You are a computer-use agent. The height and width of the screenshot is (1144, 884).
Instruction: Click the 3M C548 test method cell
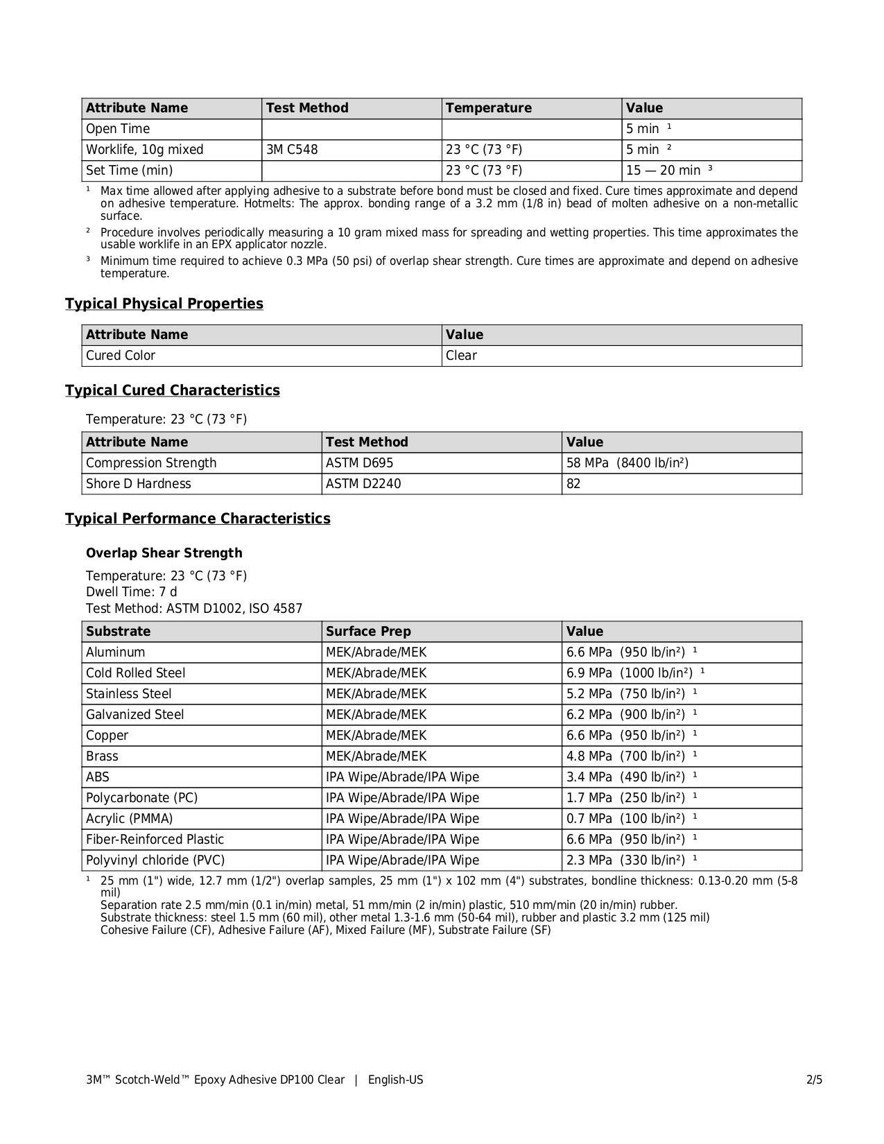[x=292, y=150]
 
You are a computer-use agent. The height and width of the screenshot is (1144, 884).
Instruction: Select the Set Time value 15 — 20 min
[x=664, y=171]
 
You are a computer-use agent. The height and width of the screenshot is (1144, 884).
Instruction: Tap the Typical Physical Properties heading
[x=164, y=304]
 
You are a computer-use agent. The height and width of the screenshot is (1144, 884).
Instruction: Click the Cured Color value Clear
[x=462, y=356]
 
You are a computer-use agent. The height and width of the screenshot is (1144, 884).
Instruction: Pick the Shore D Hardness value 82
[x=573, y=484]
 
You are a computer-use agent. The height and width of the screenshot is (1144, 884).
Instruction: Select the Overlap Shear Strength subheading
[x=164, y=553]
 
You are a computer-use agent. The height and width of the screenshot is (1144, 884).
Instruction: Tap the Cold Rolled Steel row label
[x=135, y=673]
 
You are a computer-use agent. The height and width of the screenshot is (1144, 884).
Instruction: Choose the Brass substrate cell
[x=102, y=756]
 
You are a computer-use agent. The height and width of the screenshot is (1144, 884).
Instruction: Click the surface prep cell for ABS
[x=402, y=777]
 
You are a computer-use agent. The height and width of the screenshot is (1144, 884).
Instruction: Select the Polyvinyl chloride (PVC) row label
[x=155, y=860]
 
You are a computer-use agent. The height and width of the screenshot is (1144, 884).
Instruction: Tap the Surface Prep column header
[x=368, y=632]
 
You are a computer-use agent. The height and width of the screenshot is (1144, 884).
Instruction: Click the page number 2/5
[x=814, y=1080]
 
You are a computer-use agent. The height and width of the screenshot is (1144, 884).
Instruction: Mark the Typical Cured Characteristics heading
[x=173, y=390]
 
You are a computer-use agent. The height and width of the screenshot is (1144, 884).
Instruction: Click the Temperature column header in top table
[x=489, y=108]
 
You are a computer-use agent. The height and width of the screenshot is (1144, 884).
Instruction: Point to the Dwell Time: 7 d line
[x=132, y=592]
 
